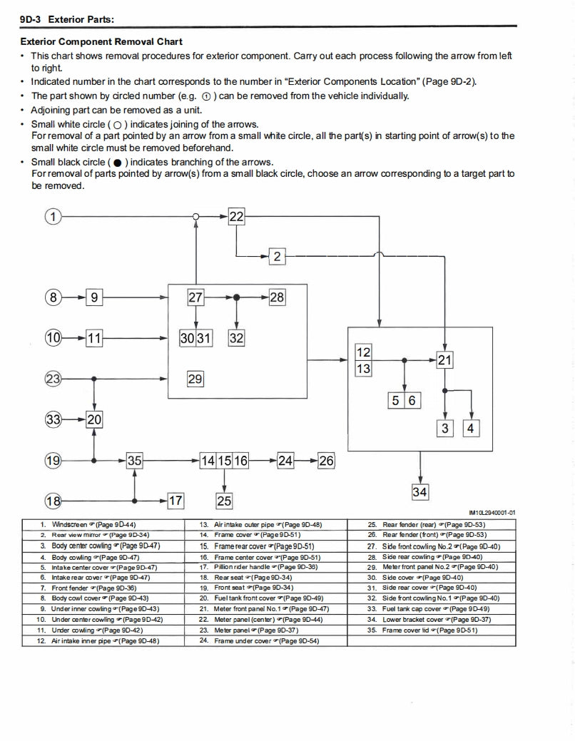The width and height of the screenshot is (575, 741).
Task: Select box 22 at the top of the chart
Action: click(x=236, y=216)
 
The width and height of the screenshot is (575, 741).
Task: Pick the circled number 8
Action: click(x=54, y=297)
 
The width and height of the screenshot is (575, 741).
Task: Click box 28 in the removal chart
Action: click(x=277, y=297)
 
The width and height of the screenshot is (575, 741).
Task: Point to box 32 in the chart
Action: click(x=236, y=339)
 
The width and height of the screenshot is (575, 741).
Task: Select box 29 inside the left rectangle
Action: click(x=195, y=379)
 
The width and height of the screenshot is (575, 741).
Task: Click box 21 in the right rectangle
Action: click(x=444, y=360)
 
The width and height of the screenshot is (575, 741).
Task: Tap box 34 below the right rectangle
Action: click(x=419, y=491)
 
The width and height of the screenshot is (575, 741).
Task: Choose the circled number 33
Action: click(x=54, y=420)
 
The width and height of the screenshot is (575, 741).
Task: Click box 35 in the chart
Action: click(x=134, y=461)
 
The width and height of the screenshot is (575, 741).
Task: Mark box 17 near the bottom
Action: click(x=175, y=501)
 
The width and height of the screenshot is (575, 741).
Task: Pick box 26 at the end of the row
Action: click(x=326, y=461)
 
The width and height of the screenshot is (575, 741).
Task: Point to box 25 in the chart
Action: click(x=224, y=501)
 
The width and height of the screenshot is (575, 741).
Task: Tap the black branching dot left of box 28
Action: click(x=236, y=297)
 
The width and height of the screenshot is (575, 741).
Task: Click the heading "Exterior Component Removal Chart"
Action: click(x=101, y=42)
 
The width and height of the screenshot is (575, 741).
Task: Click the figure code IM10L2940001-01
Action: click(x=492, y=512)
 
